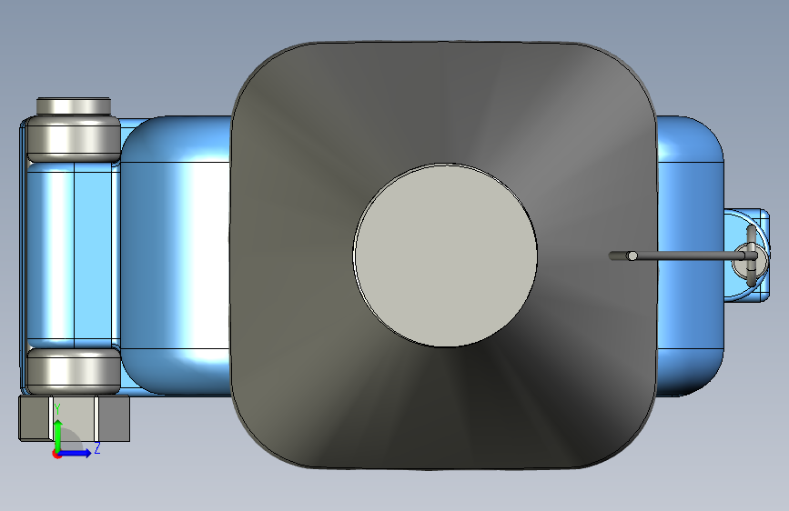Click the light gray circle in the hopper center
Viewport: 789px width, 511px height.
(445, 255)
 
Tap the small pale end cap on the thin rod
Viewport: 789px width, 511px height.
(632, 256)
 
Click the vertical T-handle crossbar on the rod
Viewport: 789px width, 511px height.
(752, 255)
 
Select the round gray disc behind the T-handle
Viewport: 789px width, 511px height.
(750, 258)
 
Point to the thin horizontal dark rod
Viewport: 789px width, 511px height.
(679, 256)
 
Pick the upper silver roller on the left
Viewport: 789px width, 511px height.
(74, 139)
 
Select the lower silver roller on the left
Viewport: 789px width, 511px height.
(74, 371)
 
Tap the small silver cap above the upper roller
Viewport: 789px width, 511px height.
(74, 106)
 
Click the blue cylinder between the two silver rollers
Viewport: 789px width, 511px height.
(74, 255)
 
